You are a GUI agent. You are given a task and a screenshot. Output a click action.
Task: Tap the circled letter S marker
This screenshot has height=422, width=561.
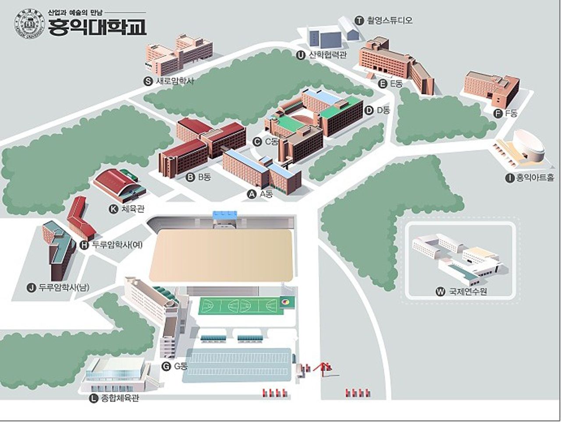[148, 81]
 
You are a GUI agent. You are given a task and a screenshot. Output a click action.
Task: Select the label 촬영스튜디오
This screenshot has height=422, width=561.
[390, 20]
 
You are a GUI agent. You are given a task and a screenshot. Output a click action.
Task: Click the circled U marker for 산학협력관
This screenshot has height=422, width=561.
[300, 55]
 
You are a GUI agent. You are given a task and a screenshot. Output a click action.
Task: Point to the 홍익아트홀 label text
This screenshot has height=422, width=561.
[534, 178]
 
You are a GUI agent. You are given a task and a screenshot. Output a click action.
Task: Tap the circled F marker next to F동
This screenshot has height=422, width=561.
[498, 113]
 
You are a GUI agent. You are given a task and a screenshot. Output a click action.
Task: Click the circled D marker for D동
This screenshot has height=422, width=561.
[369, 110]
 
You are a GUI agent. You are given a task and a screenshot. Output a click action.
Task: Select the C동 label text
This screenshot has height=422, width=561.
[271, 142]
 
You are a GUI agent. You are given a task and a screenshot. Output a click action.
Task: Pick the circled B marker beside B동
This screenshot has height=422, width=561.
[190, 177]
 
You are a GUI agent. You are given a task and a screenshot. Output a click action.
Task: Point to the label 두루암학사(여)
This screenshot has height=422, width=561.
[117, 245]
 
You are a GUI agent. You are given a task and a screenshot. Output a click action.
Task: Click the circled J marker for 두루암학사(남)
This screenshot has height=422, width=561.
[31, 288]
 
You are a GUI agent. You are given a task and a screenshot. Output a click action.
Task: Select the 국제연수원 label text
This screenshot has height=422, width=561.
[468, 292]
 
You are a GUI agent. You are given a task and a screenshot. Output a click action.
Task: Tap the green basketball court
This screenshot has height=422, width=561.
[240, 305]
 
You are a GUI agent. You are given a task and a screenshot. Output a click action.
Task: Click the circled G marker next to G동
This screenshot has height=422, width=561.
[166, 366]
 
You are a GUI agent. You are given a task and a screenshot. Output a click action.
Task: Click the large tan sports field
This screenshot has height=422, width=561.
[220, 255]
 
